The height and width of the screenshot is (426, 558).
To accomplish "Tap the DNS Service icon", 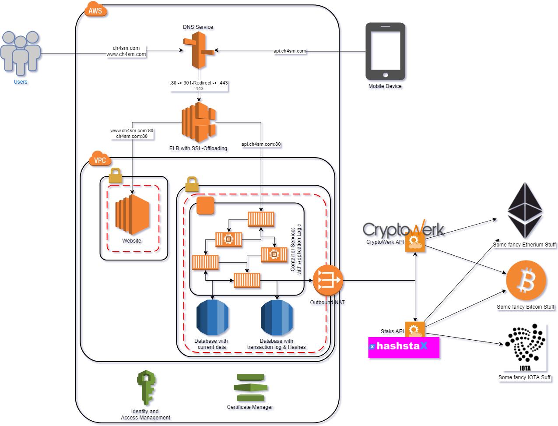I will tap(199, 50).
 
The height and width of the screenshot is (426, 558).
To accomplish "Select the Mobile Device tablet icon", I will tap(385, 51).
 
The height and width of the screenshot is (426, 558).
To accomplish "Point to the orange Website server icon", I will tap(133, 215).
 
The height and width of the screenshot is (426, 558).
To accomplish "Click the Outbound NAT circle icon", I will tap(328, 280).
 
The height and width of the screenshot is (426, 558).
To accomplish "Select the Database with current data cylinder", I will tap(212, 318).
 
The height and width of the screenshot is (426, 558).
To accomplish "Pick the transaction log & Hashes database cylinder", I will tap(277, 318).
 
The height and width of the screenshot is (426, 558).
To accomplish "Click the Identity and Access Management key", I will tap(146, 387).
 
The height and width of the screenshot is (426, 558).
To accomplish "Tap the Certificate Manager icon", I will tap(250, 387).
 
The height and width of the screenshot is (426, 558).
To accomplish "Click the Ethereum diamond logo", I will tap(525, 210).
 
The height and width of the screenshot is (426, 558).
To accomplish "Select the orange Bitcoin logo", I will tap(526, 281).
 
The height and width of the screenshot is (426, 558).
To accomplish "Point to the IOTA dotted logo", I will tap(525, 346).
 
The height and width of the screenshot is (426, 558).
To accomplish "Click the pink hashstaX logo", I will tap(404, 347).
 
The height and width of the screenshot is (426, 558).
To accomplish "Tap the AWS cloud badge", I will tap(95, 10).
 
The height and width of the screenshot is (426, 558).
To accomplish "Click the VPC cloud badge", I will tap(100, 160).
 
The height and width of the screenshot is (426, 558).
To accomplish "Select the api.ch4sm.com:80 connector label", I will tap(261, 144).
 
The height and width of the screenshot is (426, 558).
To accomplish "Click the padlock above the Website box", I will tap(116, 176).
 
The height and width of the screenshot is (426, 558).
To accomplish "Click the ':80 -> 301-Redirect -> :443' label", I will tap(199, 83).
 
